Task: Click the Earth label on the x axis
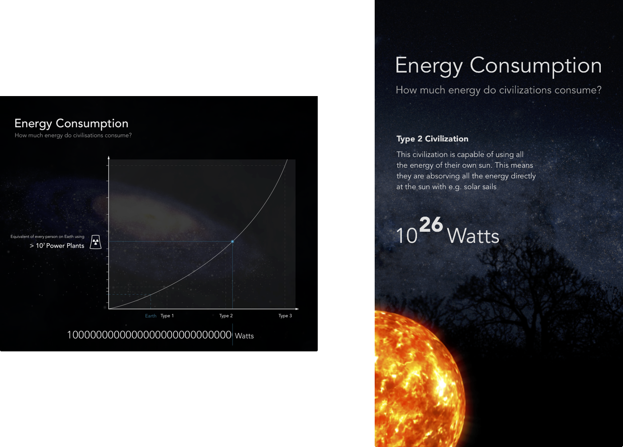151,316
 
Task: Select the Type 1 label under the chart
167,316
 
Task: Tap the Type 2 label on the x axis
226,316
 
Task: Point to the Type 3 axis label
285,316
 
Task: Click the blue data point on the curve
232,242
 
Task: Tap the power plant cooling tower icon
96,242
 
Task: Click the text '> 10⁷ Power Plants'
57,246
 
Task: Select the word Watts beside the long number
244,336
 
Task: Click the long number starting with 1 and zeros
150,334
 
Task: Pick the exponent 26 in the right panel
431,224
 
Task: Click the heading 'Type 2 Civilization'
432,139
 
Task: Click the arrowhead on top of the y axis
109,157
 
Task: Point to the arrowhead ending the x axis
297,309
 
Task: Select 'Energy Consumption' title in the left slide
72,124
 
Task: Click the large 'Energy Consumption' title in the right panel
498,66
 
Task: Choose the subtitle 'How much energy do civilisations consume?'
73,135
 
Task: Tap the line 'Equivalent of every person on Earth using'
47,237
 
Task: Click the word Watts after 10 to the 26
473,236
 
